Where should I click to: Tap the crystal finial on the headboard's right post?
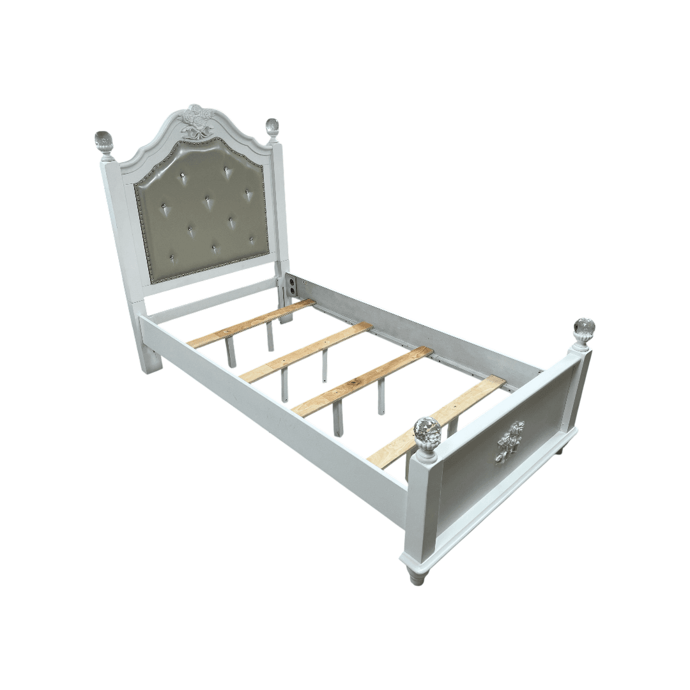coord(273,128)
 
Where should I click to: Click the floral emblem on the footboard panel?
coord(510,441)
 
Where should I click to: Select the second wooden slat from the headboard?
coord(306,352)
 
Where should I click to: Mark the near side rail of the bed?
coord(275,409)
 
